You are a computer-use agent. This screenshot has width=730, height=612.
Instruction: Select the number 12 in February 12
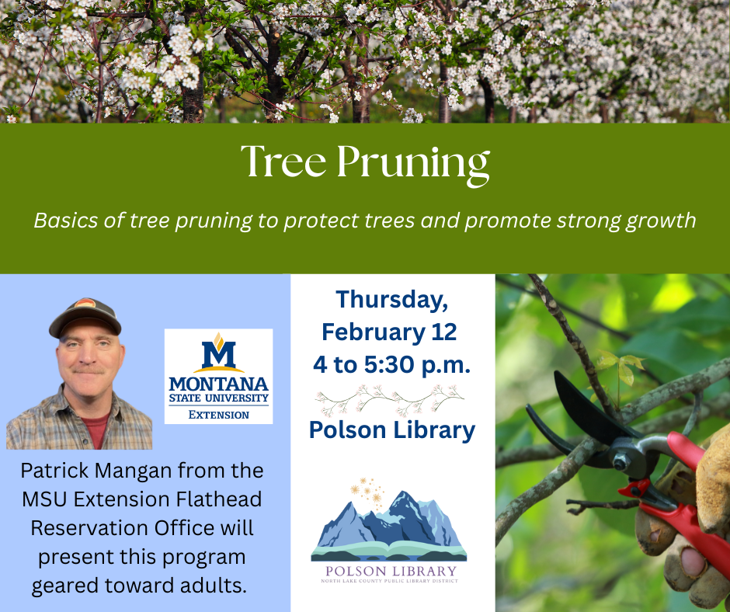[443, 332]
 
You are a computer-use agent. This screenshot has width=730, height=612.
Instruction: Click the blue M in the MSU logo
[218, 354]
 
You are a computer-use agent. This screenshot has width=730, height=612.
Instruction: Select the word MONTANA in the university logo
[218, 384]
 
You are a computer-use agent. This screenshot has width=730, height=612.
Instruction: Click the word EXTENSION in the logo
[219, 415]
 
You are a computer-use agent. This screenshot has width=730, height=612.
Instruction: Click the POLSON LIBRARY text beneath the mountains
[391, 573]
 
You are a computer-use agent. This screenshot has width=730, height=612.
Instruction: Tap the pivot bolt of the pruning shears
[622, 463]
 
